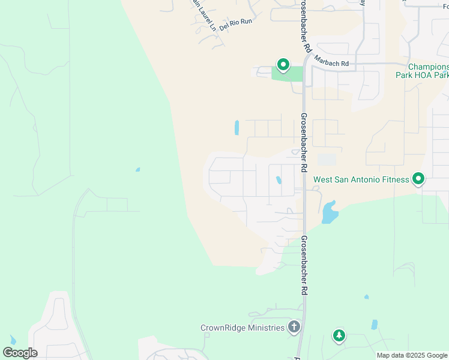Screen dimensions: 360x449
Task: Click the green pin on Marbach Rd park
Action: coord(283,64)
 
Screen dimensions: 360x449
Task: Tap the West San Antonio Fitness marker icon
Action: coord(418,179)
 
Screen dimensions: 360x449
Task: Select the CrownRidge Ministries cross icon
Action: coord(294,327)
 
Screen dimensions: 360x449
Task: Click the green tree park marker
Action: coord(339,335)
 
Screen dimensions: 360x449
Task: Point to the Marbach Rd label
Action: coord(331,63)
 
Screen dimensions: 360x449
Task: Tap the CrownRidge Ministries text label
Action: coord(243,328)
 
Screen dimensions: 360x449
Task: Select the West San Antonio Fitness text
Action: coord(361,179)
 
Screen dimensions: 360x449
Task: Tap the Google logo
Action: coord(20,353)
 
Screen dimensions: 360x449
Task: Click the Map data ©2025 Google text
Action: coord(411,355)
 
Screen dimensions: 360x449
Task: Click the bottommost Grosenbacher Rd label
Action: coord(304,265)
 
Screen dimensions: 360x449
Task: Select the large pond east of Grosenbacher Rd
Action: coord(330,212)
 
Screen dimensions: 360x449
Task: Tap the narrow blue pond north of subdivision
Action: coord(237,128)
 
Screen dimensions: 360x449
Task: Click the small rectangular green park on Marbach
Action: coord(288,74)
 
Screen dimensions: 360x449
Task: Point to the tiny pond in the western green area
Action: coord(137,170)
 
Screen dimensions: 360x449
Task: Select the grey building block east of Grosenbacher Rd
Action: coord(327,160)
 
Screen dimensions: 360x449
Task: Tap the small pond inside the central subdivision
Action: coord(279,180)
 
